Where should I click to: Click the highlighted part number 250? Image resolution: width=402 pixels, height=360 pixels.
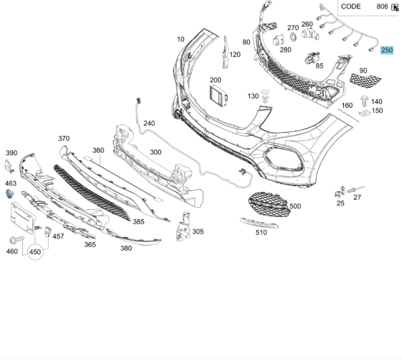click(x=387, y=50)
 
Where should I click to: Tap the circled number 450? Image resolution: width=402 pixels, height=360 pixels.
click(x=35, y=252)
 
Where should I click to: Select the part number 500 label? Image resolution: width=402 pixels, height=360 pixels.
click(x=295, y=206)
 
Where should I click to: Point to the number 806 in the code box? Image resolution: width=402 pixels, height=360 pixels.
click(x=382, y=6)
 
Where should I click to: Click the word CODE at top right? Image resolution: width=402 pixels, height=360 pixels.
click(x=351, y=6)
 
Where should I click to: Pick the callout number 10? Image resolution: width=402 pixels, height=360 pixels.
click(x=180, y=39)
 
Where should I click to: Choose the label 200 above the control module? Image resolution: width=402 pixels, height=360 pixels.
click(x=215, y=80)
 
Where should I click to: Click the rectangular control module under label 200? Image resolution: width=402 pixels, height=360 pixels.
click(x=216, y=95)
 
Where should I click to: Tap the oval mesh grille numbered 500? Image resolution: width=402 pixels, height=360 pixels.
click(x=267, y=204)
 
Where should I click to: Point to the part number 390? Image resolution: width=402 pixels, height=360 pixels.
click(x=11, y=153)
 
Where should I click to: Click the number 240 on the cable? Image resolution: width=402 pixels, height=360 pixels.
click(x=149, y=123)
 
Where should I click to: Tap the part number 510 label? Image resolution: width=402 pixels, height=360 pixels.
click(x=261, y=232)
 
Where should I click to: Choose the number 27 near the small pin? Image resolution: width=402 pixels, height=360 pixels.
click(x=357, y=197)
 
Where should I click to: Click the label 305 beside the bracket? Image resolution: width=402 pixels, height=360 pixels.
click(x=198, y=231)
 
